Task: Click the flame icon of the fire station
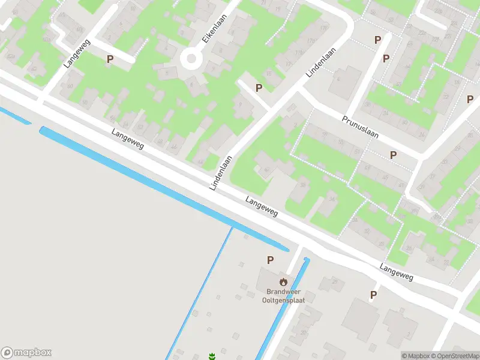pos(283,281)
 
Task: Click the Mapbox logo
pos(26,353)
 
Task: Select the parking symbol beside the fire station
pos(270,260)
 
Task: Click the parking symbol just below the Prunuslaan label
pos(393,155)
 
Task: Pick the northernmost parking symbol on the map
pos(377,40)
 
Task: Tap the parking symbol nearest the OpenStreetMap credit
pos(373,295)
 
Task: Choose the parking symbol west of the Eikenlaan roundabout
pos(110,59)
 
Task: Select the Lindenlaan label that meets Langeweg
pos(221,173)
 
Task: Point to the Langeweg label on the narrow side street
pos(74,54)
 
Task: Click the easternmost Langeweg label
pos(397,273)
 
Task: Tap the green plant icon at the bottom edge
pos(211,356)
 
